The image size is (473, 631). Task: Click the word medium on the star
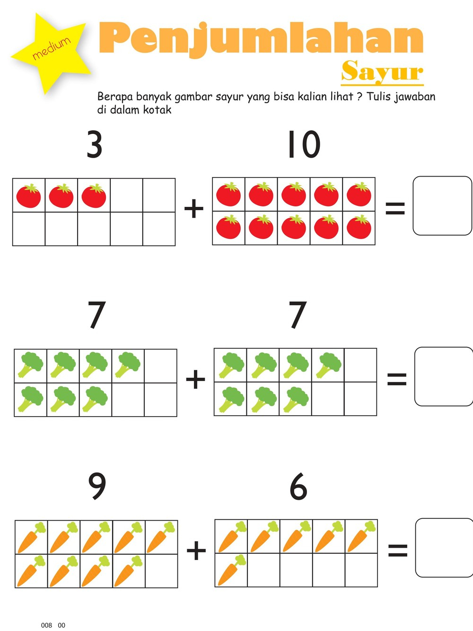tap(51, 48)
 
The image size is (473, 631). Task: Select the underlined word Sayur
tap(382, 72)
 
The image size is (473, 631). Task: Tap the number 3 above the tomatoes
tap(95, 145)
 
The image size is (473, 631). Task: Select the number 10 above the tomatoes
tap(304, 145)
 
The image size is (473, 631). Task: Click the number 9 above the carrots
tap(97, 486)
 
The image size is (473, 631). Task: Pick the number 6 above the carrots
tap(298, 486)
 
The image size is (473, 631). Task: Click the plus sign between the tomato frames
tap(194, 208)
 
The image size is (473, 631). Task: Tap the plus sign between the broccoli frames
tap(195, 379)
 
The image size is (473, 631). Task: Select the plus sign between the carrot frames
tap(196, 551)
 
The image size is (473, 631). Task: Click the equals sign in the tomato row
tap(395, 208)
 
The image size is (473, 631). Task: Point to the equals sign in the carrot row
tap(398, 550)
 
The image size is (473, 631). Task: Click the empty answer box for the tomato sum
tap(442, 206)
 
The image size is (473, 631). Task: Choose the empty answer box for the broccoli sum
tap(444, 377)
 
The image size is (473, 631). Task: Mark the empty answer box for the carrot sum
tap(444, 548)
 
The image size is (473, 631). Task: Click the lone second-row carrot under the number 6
tap(231, 570)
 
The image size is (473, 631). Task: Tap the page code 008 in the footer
tap(46, 625)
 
